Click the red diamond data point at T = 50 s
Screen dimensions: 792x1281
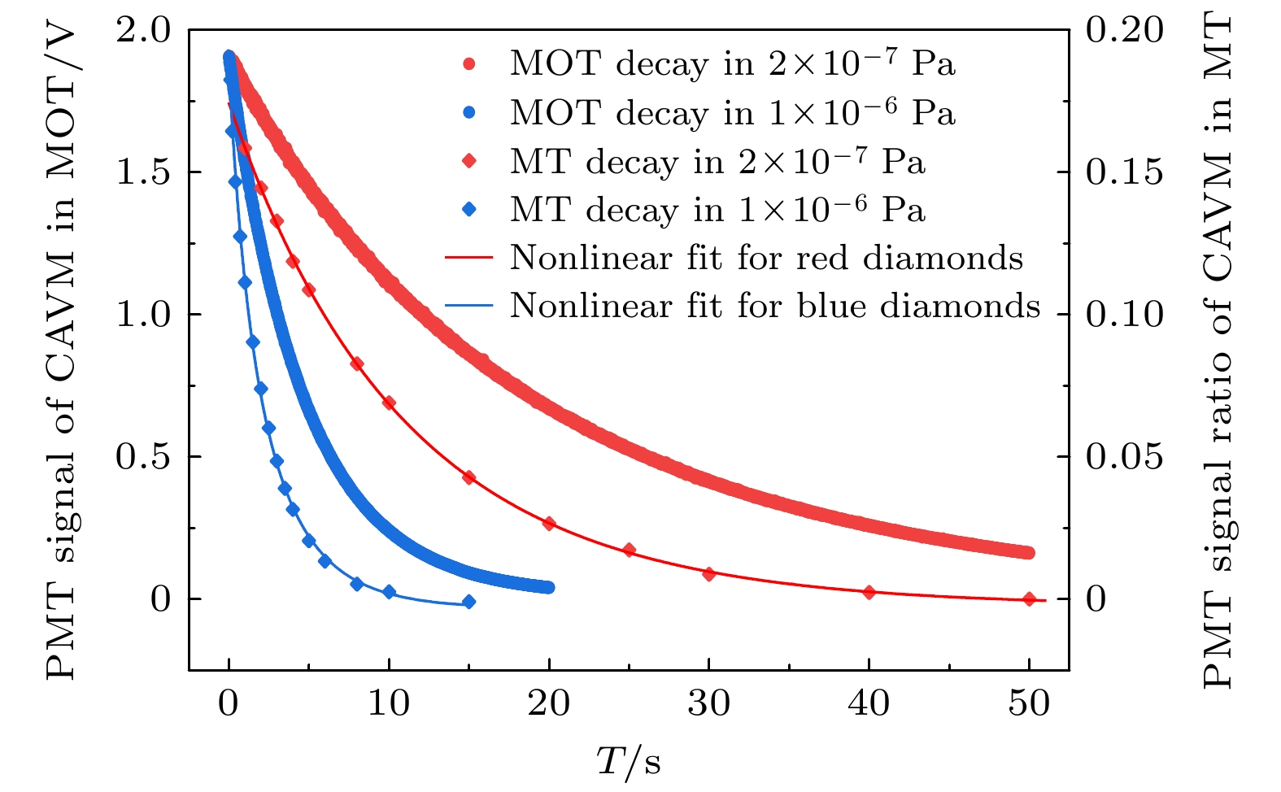[x=1029, y=599]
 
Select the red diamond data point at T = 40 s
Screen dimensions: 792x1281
[x=869, y=593]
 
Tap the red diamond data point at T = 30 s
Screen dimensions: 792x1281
[x=708, y=574]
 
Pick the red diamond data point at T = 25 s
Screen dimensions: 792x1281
[x=629, y=550]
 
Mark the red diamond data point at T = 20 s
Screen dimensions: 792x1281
[x=549, y=524]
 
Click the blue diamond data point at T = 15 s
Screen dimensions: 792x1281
[x=468, y=603]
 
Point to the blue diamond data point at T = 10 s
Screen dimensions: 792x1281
[x=389, y=592]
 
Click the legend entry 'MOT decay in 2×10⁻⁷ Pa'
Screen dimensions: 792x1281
[x=732, y=63]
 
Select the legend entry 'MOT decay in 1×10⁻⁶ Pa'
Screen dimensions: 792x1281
[x=732, y=113]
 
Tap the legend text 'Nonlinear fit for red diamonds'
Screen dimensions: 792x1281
[x=766, y=258]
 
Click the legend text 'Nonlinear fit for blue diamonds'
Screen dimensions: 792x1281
[x=775, y=306]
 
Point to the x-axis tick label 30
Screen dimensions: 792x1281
[x=708, y=703]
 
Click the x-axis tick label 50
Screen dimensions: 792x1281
[x=1029, y=703]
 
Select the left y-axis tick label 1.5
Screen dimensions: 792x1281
[x=143, y=172]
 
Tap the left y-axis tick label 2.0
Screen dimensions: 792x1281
[x=143, y=30]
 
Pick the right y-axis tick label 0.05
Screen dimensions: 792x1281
[x=1124, y=457]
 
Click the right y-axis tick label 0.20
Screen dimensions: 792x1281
[x=1124, y=30]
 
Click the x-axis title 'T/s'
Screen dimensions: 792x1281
[x=628, y=762]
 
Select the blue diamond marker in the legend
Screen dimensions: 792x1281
[x=469, y=210]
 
